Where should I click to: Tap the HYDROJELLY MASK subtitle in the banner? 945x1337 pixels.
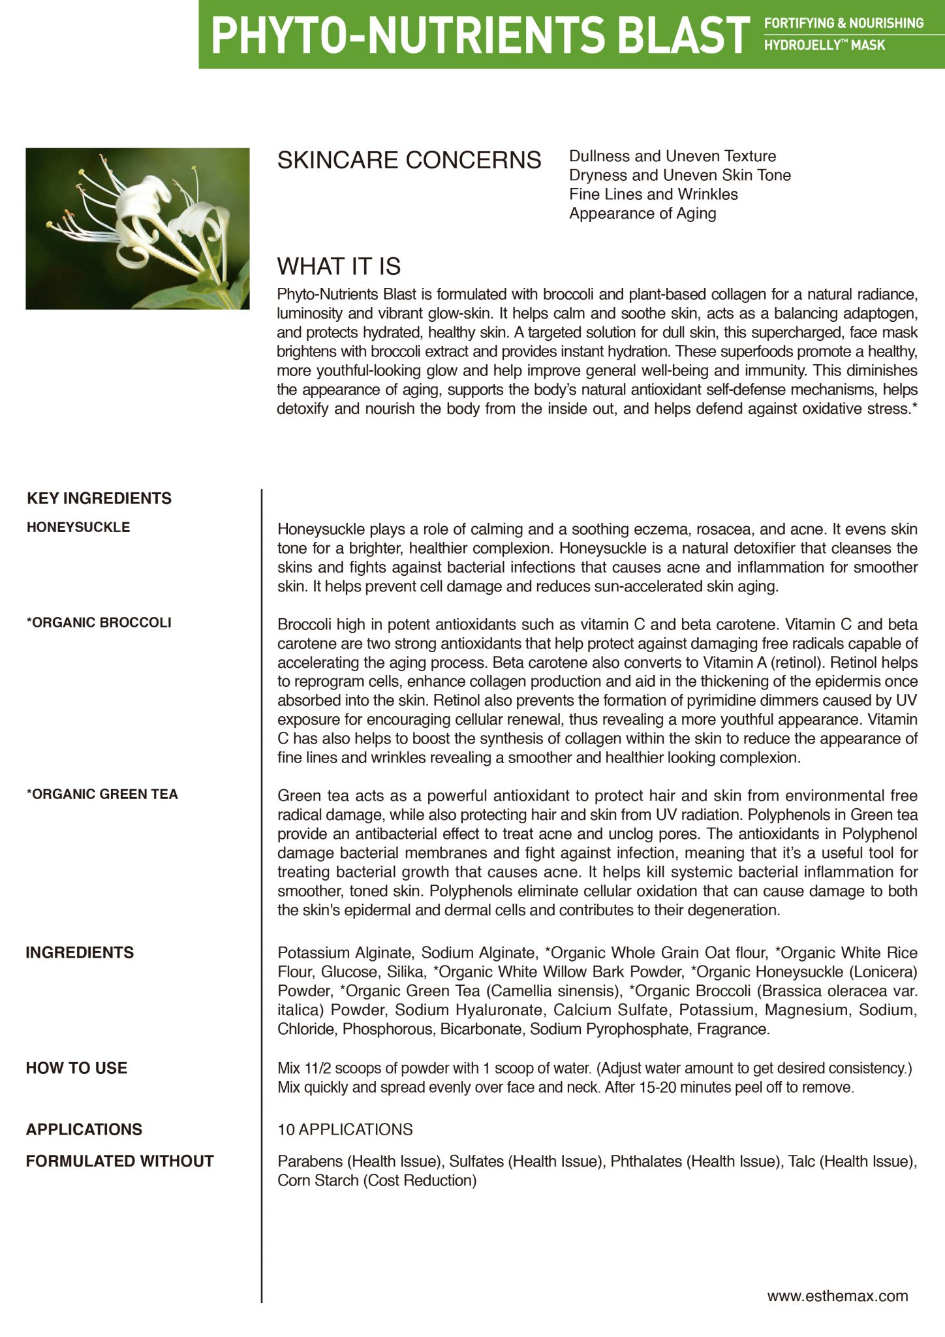824,46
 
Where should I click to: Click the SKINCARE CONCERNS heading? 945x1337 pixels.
409,160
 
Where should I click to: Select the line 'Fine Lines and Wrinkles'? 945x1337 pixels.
653,195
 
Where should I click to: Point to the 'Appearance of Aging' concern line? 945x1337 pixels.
642,213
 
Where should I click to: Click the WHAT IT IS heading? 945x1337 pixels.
339,266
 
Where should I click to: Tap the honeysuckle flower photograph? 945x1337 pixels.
138,228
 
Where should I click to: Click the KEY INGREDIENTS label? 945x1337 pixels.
99,499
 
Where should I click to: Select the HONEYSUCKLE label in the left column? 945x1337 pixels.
78,527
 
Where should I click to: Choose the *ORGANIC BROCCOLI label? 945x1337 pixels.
99,623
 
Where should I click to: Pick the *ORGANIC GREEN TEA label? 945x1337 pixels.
102,794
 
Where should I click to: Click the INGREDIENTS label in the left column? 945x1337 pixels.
80,953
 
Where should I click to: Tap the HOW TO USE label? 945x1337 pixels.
76,1069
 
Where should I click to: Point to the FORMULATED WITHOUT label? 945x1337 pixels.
120,1161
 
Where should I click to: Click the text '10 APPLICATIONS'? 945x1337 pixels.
345,1130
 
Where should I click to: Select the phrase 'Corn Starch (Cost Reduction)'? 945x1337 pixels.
377,1181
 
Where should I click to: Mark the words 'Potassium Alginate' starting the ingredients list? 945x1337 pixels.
345,953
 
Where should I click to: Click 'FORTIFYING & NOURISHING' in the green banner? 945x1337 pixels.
843,24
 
